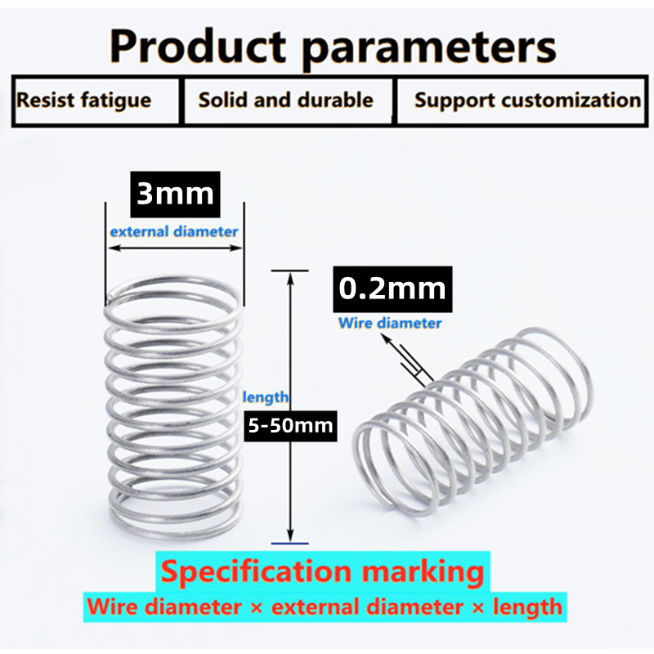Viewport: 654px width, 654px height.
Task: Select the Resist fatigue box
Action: [x=84, y=101]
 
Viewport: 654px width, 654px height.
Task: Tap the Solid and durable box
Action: [x=285, y=101]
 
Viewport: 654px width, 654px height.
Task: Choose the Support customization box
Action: [x=527, y=101]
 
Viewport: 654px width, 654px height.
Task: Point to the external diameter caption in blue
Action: [x=174, y=231]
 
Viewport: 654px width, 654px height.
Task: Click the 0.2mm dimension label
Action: [x=392, y=288]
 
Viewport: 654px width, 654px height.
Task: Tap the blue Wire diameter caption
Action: [x=390, y=323]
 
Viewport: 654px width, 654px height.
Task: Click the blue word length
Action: [x=266, y=397]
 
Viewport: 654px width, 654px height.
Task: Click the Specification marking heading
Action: [x=322, y=571]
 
